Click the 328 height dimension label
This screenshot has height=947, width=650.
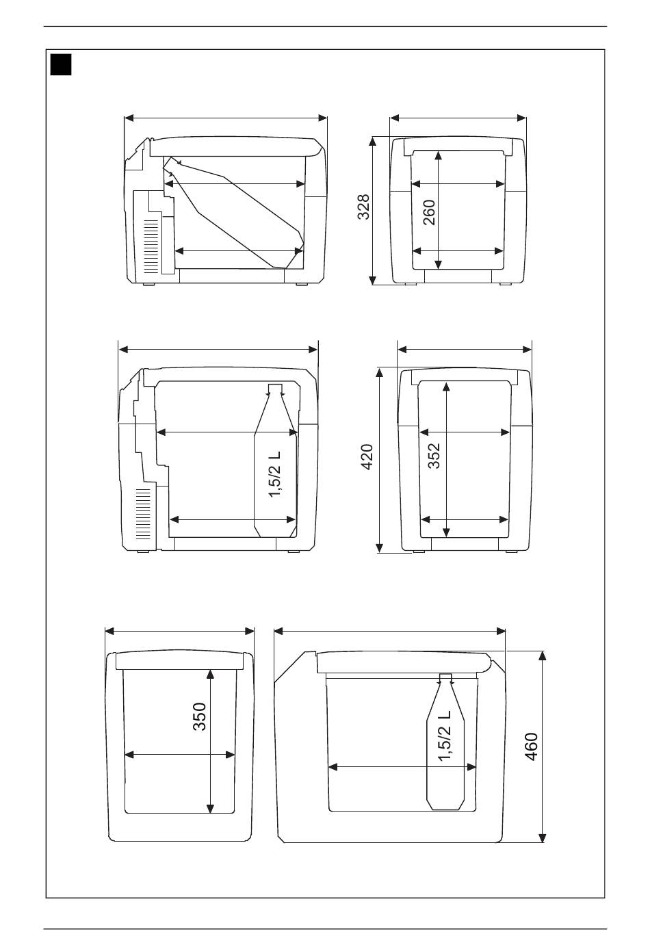pyautogui.click(x=364, y=207)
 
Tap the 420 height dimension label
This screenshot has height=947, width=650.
pyautogui.click(x=367, y=456)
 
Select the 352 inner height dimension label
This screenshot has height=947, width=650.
pyautogui.click(x=434, y=456)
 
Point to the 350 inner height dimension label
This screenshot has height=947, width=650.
pyautogui.click(x=199, y=716)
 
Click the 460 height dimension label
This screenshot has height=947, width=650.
pyautogui.click(x=532, y=746)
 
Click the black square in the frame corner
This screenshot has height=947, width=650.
pyautogui.click(x=61, y=66)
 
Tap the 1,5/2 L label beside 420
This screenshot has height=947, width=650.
pyautogui.click(x=275, y=473)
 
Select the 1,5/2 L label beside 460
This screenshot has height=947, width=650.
pyautogui.click(x=446, y=736)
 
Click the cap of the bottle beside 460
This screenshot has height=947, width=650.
pyautogui.click(x=445, y=677)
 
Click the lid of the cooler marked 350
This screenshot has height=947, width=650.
pyautogui.click(x=180, y=660)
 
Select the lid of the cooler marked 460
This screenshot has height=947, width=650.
pyautogui.click(x=404, y=662)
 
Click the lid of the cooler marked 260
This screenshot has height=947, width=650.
pyautogui.click(x=458, y=143)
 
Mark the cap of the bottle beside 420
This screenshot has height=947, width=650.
pyautogui.click(x=275, y=390)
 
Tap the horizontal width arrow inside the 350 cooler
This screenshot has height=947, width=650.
pyautogui.click(x=180, y=755)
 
